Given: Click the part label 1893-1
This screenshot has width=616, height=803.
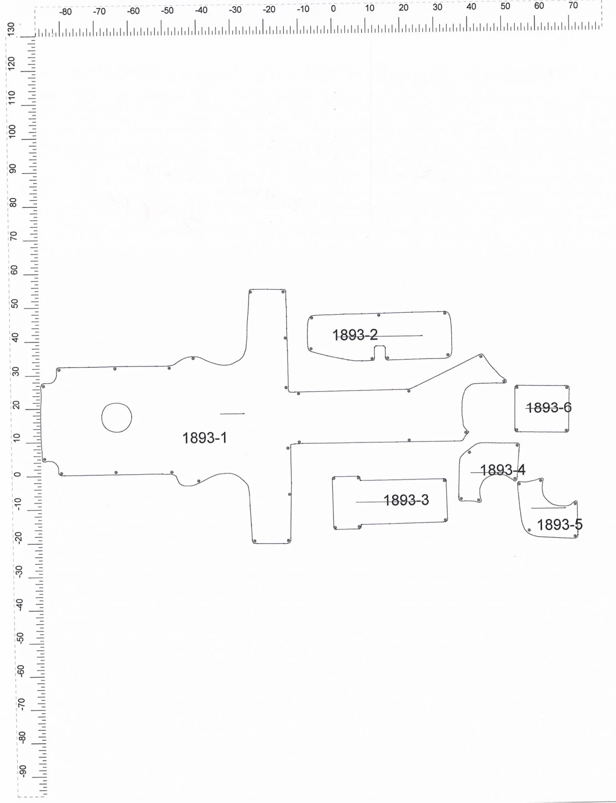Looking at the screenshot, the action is [205, 438].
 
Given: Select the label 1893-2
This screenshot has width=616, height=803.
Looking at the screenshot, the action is [355, 335].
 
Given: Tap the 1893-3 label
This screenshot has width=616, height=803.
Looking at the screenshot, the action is [406, 500].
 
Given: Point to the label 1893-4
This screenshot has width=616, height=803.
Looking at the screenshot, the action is [503, 470].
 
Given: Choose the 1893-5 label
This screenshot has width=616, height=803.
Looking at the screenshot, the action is [560, 525].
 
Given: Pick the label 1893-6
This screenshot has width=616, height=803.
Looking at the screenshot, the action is [549, 408].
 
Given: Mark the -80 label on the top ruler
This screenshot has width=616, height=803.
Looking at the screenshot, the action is [65, 12].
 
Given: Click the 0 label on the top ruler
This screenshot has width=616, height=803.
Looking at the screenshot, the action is [333, 8].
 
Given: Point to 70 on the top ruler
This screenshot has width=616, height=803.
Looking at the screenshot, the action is [573, 5].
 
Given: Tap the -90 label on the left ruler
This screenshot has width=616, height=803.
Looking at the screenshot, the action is [23, 771].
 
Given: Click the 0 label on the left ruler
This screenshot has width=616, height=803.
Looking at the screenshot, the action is [17, 475].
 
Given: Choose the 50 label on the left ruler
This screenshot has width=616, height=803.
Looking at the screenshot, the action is [15, 304].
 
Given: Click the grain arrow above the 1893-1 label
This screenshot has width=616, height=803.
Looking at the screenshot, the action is [232, 413].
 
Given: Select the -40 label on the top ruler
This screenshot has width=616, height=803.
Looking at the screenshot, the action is [201, 10].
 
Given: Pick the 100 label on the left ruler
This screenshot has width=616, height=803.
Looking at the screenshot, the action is [12, 131].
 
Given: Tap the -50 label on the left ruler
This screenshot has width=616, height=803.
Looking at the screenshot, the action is [21, 637].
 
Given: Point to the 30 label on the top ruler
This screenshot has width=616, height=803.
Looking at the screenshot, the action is [437, 7].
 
